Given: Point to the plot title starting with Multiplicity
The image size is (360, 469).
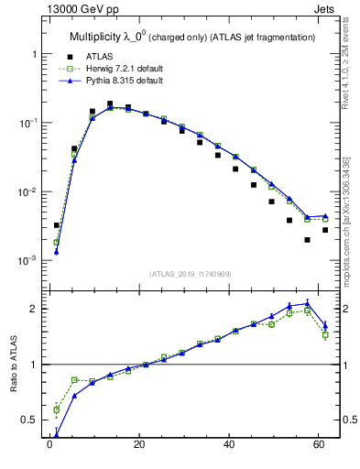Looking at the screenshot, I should [x=191, y=36].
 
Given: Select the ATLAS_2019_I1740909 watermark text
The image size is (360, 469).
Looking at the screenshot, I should [x=191, y=274].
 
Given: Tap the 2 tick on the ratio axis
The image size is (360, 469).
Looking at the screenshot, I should [x=32, y=309].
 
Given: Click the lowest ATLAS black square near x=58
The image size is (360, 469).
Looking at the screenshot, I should [x=308, y=240].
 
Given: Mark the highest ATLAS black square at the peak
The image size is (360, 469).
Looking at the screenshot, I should [x=110, y=104].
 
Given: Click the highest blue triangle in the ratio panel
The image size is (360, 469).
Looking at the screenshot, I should [x=308, y=302].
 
